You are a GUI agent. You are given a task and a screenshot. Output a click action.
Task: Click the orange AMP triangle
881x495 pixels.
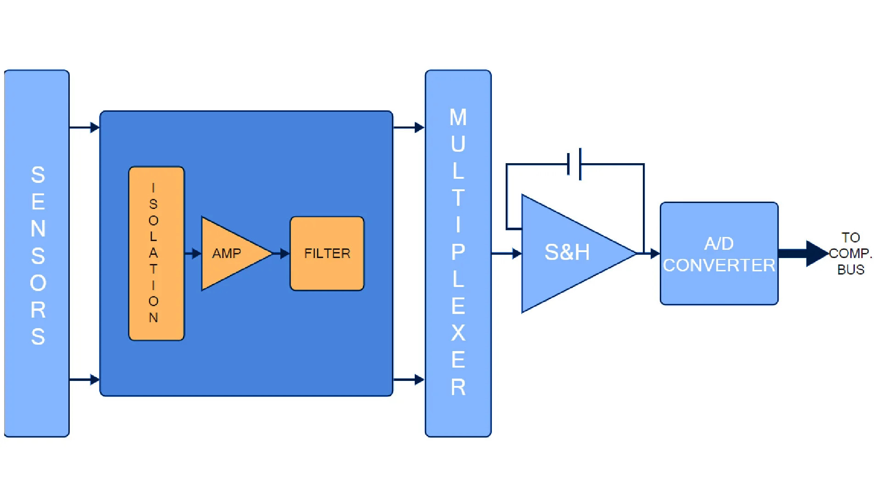point(229,253)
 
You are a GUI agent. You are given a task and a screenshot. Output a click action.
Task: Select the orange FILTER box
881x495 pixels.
point(327,253)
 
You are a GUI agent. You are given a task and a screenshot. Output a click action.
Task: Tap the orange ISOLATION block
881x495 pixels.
point(156,253)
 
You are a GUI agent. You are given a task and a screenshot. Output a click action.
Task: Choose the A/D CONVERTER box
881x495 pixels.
point(719,253)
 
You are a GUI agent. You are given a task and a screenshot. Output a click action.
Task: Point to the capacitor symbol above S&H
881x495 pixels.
point(574,164)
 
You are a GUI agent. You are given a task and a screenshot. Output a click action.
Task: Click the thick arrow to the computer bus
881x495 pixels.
point(803,253)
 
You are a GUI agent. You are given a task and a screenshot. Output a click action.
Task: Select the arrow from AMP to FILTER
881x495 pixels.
point(281,253)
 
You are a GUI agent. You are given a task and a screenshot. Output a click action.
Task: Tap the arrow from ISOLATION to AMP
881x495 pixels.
point(193,253)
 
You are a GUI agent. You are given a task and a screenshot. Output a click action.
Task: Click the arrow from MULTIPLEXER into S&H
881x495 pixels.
point(507,253)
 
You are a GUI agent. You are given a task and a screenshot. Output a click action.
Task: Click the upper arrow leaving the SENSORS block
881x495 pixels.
point(84,127)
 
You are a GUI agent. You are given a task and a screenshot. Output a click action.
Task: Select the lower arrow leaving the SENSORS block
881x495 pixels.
point(84,379)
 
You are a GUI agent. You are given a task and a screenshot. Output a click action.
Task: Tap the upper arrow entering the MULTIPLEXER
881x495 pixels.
point(409,127)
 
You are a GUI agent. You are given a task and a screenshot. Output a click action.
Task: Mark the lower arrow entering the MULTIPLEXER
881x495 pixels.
point(409,379)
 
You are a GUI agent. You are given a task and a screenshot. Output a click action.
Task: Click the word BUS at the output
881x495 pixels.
point(851,270)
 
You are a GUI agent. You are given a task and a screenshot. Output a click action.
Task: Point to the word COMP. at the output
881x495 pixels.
point(850,253)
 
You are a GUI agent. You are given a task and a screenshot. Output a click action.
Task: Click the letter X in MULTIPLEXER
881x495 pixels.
point(458,333)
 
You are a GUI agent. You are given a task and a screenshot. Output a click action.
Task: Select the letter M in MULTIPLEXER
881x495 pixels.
point(458,117)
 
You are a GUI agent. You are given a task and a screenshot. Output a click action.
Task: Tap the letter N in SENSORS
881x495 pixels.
point(38,229)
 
